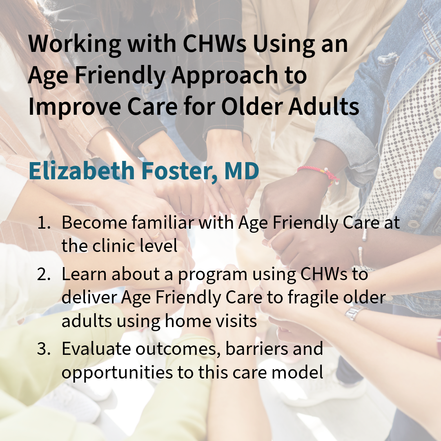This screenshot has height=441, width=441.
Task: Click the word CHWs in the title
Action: click(215, 44)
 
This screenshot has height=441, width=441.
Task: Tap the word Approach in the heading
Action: click(225, 76)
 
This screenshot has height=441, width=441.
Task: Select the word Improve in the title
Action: click(75, 107)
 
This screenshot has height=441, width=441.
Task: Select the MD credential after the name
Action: click(242, 171)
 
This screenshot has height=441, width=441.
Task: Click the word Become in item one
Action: click(94, 223)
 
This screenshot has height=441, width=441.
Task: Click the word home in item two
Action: click(186, 321)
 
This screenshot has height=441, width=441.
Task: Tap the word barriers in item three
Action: click(257, 349)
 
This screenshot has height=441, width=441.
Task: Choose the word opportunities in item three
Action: click(117, 373)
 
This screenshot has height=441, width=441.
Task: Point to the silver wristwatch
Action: click(355, 312)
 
